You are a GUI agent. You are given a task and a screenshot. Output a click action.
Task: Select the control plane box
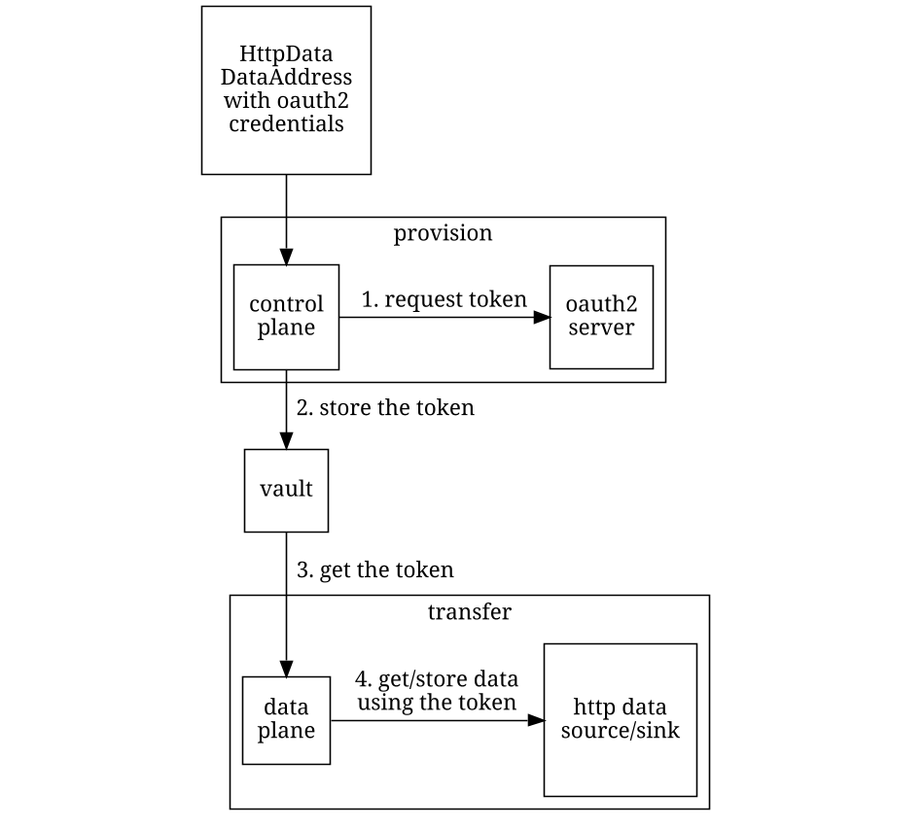tap(286, 317)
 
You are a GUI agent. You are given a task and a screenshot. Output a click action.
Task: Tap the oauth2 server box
tap(601, 317)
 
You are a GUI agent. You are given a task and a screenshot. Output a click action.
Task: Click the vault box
tap(286, 490)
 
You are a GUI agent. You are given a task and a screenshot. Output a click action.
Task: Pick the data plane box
tap(286, 720)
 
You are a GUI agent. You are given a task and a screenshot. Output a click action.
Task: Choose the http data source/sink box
tap(620, 720)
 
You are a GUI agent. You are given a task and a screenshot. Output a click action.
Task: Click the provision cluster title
tap(443, 233)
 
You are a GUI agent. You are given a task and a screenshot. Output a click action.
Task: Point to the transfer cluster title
tap(469, 612)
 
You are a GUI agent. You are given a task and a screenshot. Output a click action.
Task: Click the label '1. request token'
tap(444, 299)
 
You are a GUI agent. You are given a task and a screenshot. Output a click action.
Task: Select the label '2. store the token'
tap(385, 408)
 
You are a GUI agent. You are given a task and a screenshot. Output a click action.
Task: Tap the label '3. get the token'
tap(374, 569)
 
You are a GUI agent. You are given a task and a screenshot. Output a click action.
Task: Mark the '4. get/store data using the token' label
tap(437, 690)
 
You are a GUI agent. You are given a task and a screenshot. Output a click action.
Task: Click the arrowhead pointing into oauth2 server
tap(541, 317)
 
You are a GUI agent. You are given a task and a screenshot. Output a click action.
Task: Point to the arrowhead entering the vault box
tap(286, 439)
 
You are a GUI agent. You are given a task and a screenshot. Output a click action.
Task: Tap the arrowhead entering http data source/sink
tap(535, 720)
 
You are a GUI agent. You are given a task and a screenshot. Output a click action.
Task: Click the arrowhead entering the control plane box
tap(286, 256)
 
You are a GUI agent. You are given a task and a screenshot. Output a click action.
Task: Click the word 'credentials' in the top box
tap(286, 124)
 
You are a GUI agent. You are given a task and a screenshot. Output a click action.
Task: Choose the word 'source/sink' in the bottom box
tap(620, 731)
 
